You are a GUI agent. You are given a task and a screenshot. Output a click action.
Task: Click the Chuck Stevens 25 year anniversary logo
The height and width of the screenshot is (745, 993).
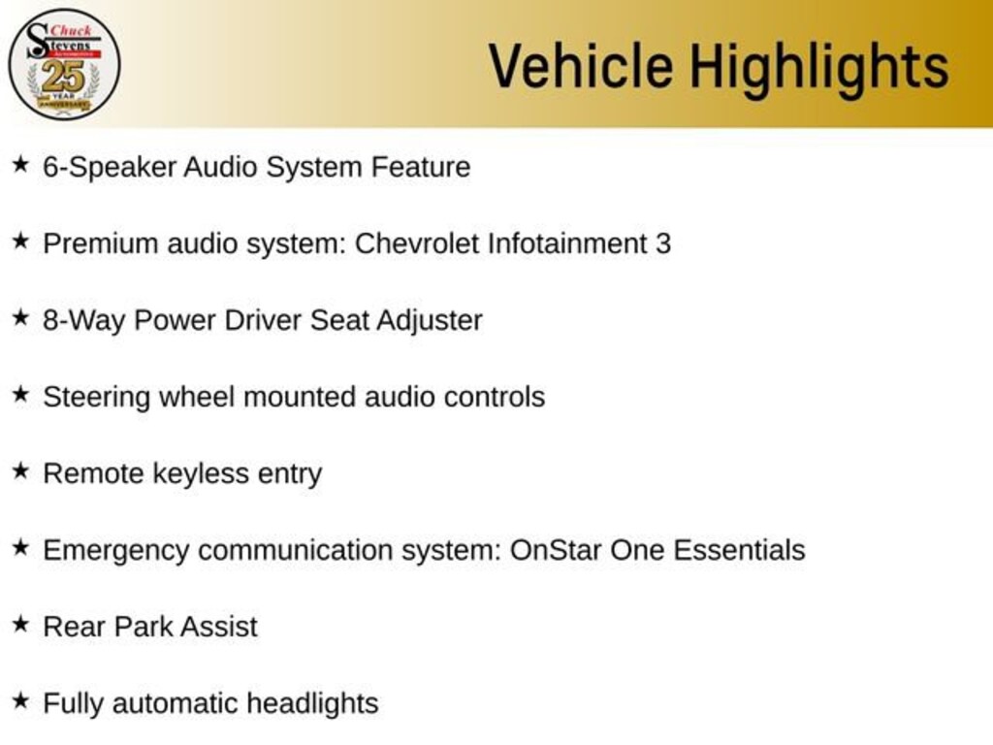pos(64,65)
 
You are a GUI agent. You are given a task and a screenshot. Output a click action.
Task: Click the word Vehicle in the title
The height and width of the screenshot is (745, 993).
pos(581,66)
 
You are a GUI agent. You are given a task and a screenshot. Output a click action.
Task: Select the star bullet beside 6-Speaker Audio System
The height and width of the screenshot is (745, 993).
pos(21,165)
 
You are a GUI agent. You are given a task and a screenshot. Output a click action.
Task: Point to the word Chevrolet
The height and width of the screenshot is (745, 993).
pos(416,243)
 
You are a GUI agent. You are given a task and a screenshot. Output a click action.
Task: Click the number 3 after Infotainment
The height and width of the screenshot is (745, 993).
pos(663,243)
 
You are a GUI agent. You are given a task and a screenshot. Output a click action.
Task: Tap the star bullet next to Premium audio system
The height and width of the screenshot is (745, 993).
pos(21,241)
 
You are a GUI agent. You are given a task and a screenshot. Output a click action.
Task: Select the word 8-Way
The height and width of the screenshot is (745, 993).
pos(83,320)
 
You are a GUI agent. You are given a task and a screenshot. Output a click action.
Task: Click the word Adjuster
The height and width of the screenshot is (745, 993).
pos(430,320)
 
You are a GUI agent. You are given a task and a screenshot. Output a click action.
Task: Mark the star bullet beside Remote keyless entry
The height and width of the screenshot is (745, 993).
pos(21,470)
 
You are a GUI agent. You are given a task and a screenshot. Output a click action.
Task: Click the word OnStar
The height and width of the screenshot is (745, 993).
pos(555,550)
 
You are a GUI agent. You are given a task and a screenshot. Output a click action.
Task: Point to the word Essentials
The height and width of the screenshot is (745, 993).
pos(739,550)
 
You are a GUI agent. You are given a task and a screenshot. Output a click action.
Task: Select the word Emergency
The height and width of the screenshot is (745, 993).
pos(116,551)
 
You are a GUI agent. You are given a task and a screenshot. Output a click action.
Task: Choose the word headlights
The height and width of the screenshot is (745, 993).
pos(312,704)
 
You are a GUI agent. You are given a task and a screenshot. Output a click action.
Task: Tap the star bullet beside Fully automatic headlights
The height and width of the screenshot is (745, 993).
pos(21,700)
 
